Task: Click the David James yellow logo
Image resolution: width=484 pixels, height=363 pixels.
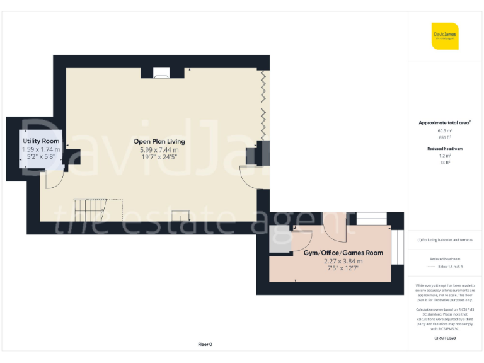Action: pos(445,36)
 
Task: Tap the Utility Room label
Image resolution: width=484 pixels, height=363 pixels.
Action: pos(41,141)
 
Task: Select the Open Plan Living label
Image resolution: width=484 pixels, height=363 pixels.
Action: pos(159,141)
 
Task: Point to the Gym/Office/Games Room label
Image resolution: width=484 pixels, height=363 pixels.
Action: pos(334,253)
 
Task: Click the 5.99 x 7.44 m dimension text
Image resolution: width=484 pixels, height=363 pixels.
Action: pos(159,150)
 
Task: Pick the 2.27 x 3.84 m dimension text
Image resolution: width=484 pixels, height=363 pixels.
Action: pos(334,261)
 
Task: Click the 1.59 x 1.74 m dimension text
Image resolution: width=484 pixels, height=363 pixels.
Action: pos(41,150)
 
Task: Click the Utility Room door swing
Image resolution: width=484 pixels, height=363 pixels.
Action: pos(54,180)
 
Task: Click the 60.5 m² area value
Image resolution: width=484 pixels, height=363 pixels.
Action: pos(445,130)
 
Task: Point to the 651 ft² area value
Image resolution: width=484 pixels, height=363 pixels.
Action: pos(445,137)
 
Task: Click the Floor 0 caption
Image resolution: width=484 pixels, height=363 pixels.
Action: pos(205,344)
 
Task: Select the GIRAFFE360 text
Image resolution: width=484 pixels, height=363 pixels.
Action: pos(445,338)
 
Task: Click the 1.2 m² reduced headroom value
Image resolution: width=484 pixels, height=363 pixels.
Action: pos(445,156)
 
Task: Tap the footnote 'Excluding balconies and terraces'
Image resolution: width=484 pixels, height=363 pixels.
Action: pos(445,240)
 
